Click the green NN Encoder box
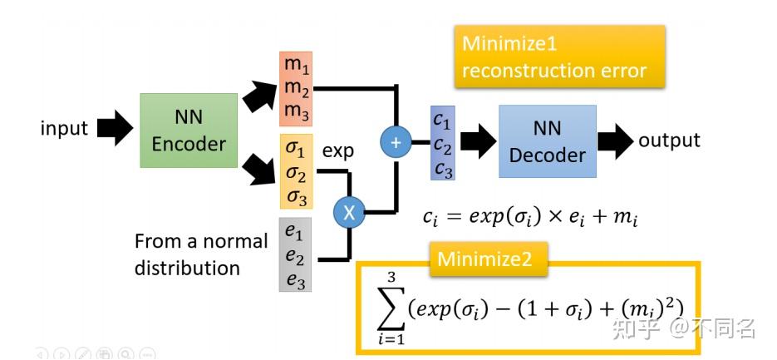[189, 131]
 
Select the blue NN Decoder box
[548, 141]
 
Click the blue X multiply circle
[349, 213]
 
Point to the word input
[64, 128]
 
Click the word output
[669, 141]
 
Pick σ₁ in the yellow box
[298, 149]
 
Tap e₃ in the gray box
[296, 281]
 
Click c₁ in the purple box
[442, 121]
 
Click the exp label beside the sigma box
[338, 150]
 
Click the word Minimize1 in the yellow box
[509, 43]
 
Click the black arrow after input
[115, 128]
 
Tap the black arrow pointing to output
[616, 141]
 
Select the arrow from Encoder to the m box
[259, 96]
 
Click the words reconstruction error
[554, 71]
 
